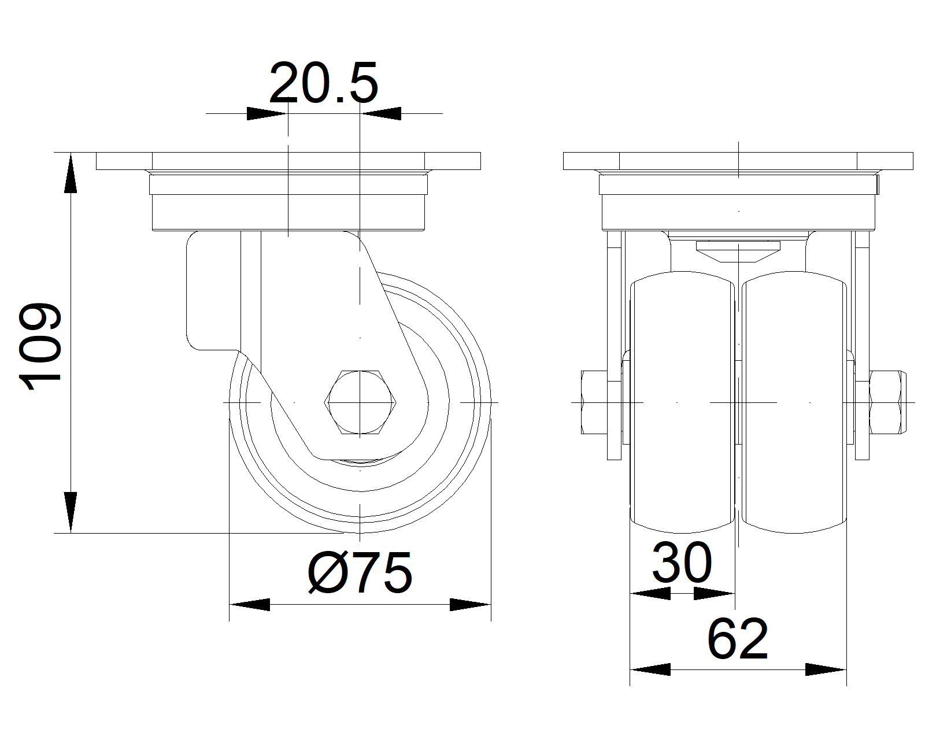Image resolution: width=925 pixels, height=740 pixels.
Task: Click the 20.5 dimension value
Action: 323,82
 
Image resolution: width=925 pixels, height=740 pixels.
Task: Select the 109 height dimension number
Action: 40,346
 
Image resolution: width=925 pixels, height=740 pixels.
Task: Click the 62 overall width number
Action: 738,639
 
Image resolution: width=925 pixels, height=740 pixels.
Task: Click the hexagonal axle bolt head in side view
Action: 360,402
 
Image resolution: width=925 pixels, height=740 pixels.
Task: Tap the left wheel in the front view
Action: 682,402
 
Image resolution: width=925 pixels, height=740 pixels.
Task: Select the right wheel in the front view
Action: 794,402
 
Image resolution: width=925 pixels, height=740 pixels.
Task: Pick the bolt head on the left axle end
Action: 594,402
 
